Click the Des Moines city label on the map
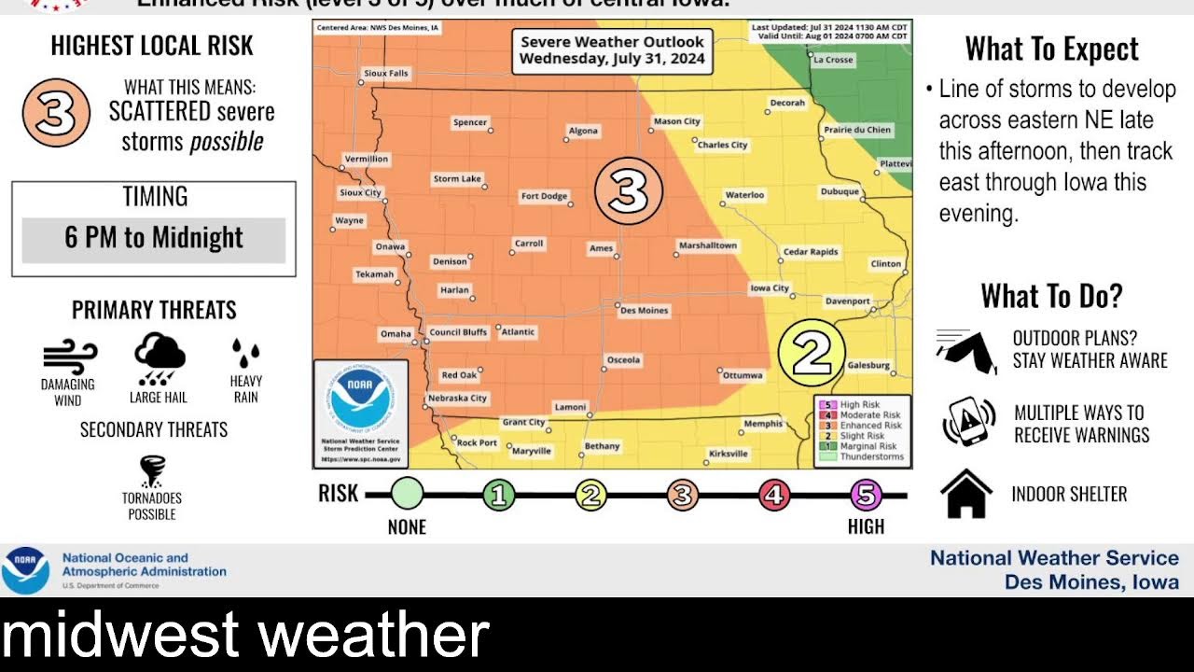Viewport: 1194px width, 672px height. coord(645,310)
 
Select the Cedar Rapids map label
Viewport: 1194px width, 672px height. coord(811,252)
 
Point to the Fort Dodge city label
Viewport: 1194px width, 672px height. coord(544,196)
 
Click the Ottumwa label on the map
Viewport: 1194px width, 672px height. coord(743,375)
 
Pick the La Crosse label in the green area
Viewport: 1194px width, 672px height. coord(833,60)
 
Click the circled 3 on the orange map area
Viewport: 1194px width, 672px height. coord(628,191)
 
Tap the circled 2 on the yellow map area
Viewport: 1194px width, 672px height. coord(811,353)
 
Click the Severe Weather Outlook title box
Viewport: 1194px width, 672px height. coord(612,50)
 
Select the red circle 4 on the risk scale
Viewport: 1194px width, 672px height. coord(773,495)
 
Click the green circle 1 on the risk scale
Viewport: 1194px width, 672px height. coord(499,495)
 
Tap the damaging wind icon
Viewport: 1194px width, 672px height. coord(69,357)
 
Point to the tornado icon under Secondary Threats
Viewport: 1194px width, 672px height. coord(153,472)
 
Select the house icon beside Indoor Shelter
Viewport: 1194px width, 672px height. coord(966,494)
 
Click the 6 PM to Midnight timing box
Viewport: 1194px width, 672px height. coord(154,239)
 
